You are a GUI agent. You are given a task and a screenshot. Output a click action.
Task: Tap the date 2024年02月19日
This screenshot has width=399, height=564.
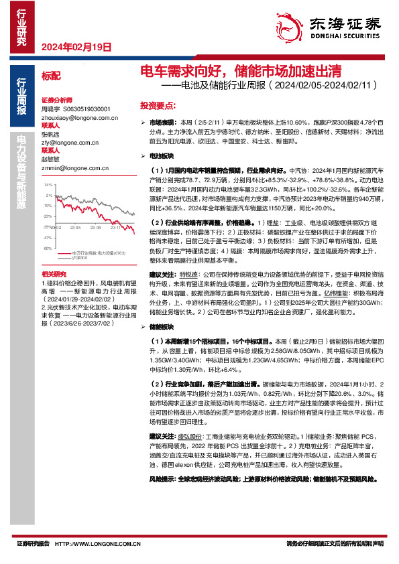point(75,47)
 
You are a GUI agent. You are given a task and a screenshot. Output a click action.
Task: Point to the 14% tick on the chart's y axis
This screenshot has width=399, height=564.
point(47,184)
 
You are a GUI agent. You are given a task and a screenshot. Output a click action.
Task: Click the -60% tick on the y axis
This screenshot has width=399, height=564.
point(47,229)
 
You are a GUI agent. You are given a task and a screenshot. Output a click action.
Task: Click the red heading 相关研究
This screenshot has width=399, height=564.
point(52,255)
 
